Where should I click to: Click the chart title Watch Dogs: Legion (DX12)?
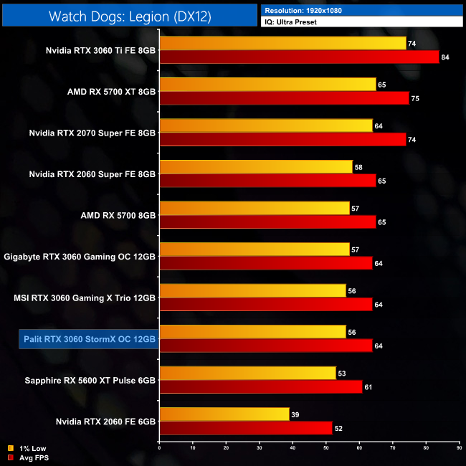[x=129, y=15]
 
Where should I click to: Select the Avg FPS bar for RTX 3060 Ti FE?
[x=299, y=57]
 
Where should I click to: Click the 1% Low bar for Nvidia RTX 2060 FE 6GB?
[x=224, y=414]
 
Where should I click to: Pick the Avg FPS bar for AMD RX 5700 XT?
[x=284, y=98]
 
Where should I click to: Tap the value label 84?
[x=445, y=57]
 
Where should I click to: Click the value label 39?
[x=296, y=414]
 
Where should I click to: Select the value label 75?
[x=415, y=98]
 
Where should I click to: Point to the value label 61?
[x=368, y=386]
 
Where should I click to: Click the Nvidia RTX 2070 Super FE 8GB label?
[x=92, y=133]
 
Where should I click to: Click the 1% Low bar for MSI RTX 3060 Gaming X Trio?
[x=252, y=290]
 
